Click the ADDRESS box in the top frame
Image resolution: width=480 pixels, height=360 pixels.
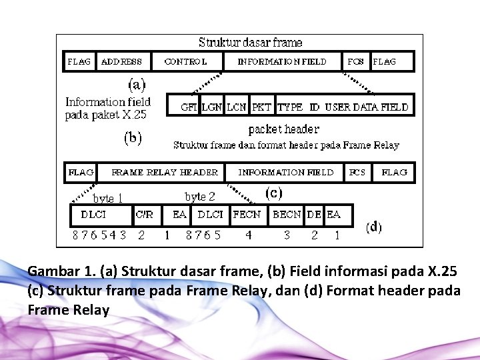[123, 61]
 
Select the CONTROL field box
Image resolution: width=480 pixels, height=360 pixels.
[185, 61]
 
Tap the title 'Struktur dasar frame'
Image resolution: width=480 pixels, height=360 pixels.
[251, 43]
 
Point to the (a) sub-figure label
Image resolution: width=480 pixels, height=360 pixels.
[137, 85]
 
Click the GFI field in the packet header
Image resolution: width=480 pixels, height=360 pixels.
[189, 107]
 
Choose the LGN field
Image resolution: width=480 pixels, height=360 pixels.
[212, 107]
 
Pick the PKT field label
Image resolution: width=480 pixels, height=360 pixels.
[262, 107]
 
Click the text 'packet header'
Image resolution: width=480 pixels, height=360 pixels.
[283, 129]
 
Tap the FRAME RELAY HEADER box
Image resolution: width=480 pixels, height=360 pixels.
[164, 172]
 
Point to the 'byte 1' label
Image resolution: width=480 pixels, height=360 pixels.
[107, 198]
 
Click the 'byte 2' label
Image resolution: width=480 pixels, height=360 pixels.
[199, 196]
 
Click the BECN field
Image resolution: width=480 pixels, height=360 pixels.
[287, 215]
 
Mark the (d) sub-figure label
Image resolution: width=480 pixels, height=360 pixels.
[373, 227]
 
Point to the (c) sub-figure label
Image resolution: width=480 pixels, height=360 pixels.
[273, 193]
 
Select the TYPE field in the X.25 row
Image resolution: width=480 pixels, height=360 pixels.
[291, 107]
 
